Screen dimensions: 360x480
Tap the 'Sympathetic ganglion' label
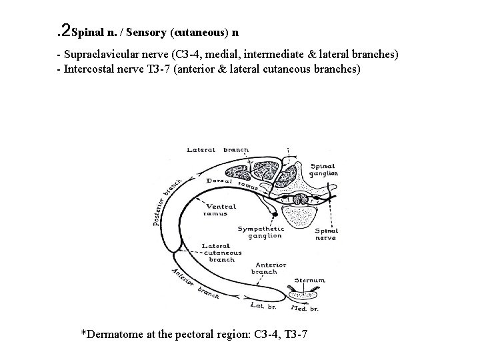[261, 233]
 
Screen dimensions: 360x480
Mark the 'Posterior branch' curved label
[168, 203]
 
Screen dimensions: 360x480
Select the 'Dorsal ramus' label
[220, 181]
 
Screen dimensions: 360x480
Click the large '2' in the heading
[65, 29]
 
